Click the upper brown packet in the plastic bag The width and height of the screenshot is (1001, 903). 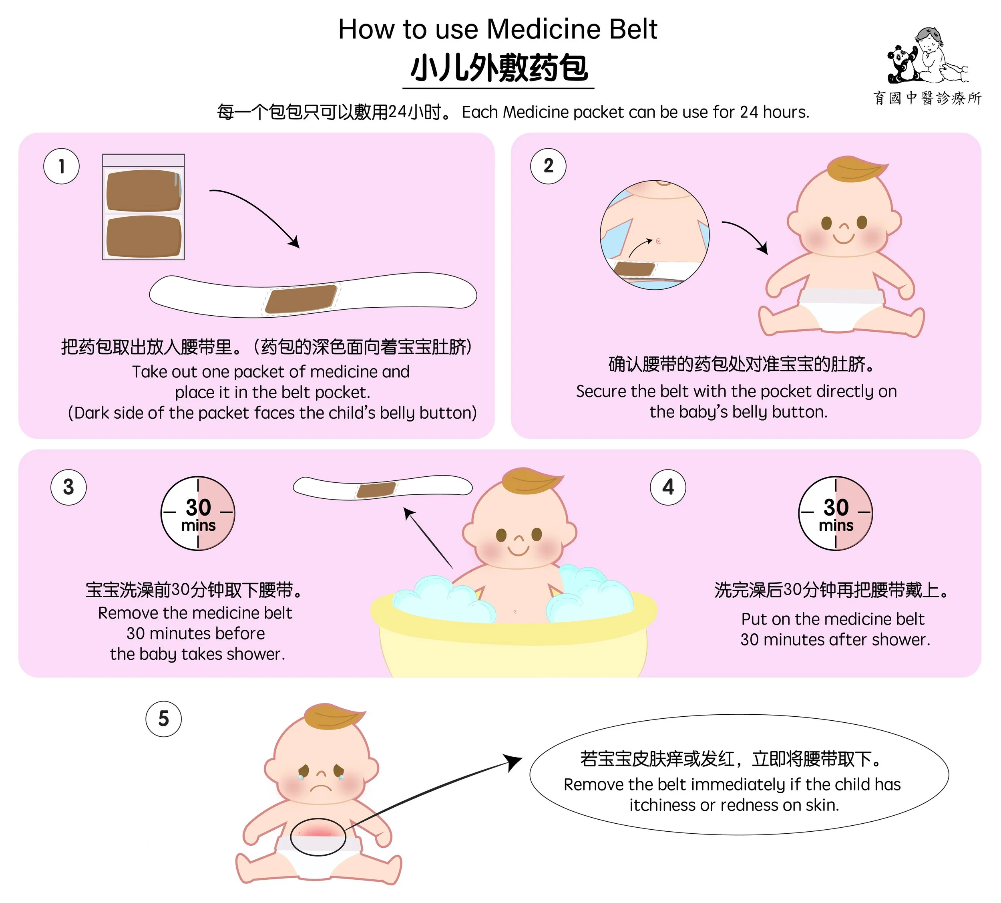(x=144, y=191)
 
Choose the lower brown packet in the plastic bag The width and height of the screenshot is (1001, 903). (x=144, y=236)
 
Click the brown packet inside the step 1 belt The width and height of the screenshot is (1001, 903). (x=301, y=299)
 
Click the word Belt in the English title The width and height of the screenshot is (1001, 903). (x=633, y=29)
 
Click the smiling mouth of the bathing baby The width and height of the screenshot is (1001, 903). (x=518, y=549)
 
